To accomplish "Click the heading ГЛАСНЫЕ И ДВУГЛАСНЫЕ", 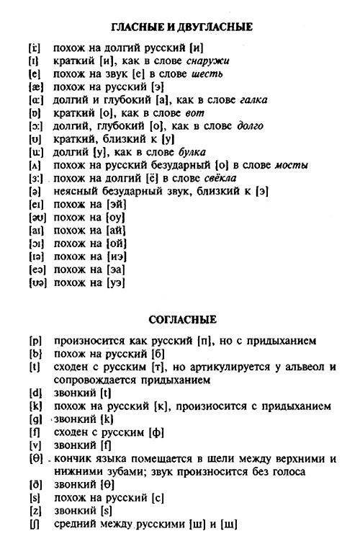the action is coord(181,27).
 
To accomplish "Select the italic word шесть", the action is coord(206,74).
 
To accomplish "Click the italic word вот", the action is coord(194,113).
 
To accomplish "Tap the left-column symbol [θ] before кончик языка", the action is coord(33,458).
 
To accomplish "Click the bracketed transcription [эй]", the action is coord(116,204).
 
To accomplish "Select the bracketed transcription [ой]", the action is coord(116,243).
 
